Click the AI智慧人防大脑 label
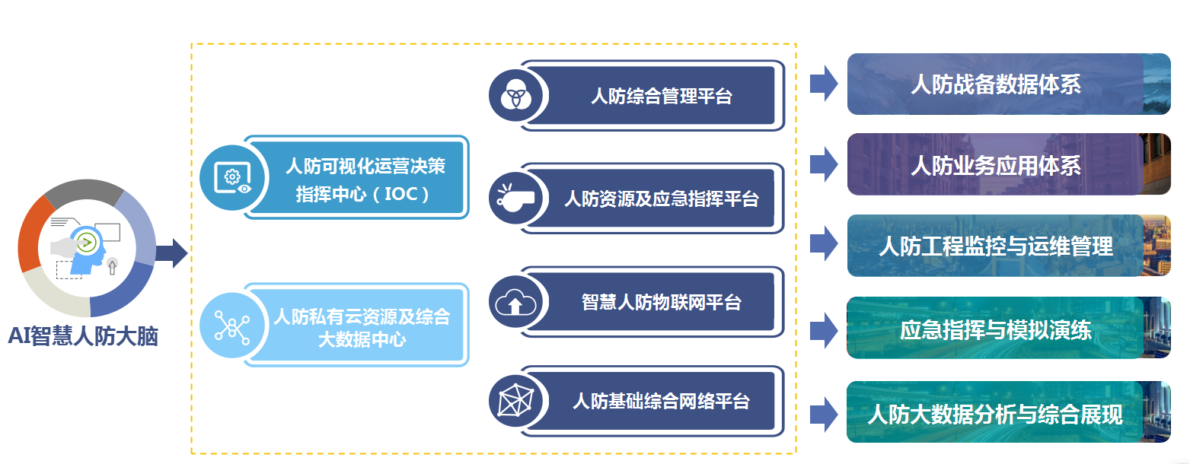tap(84, 336)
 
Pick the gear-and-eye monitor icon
tap(233, 177)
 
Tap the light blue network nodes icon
tap(232, 326)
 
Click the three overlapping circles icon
tap(515, 95)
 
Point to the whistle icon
tap(515, 198)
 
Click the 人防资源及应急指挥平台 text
tap(662, 199)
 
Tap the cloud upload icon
tap(515, 302)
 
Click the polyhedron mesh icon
tap(515, 401)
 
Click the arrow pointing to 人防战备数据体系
tap(824, 84)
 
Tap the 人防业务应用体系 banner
tap(1009, 164)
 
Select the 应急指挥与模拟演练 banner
tap(1009, 328)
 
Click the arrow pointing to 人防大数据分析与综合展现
tap(824, 414)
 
